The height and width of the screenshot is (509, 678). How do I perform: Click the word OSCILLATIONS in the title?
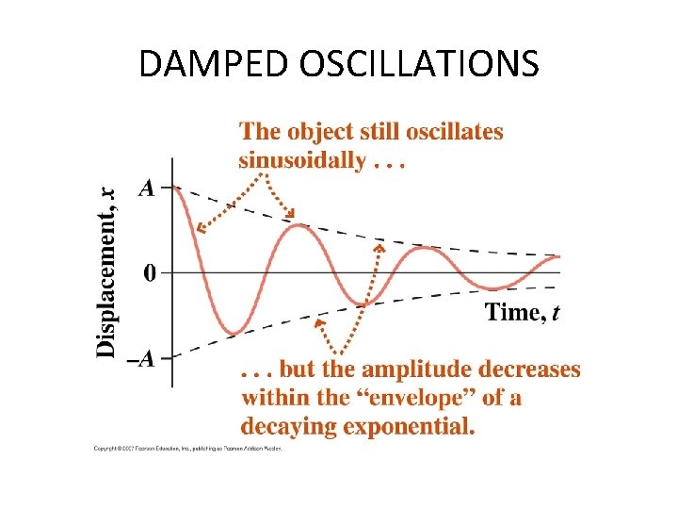tap(418, 65)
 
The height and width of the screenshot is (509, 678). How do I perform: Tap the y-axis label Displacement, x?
tap(107, 271)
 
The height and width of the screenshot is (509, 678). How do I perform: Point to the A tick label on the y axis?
tap(146, 188)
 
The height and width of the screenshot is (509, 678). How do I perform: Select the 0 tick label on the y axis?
tap(151, 273)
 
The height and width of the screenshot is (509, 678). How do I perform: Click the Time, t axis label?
tap(523, 312)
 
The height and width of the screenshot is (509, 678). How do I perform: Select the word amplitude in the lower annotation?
tap(406, 369)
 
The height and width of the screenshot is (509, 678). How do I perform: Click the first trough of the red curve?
tap(234, 332)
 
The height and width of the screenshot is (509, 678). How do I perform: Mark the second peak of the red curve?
tap(298, 224)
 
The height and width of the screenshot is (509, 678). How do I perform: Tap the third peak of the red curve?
tap(427, 248)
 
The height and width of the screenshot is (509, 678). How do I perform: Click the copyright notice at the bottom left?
tap(187, 449)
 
